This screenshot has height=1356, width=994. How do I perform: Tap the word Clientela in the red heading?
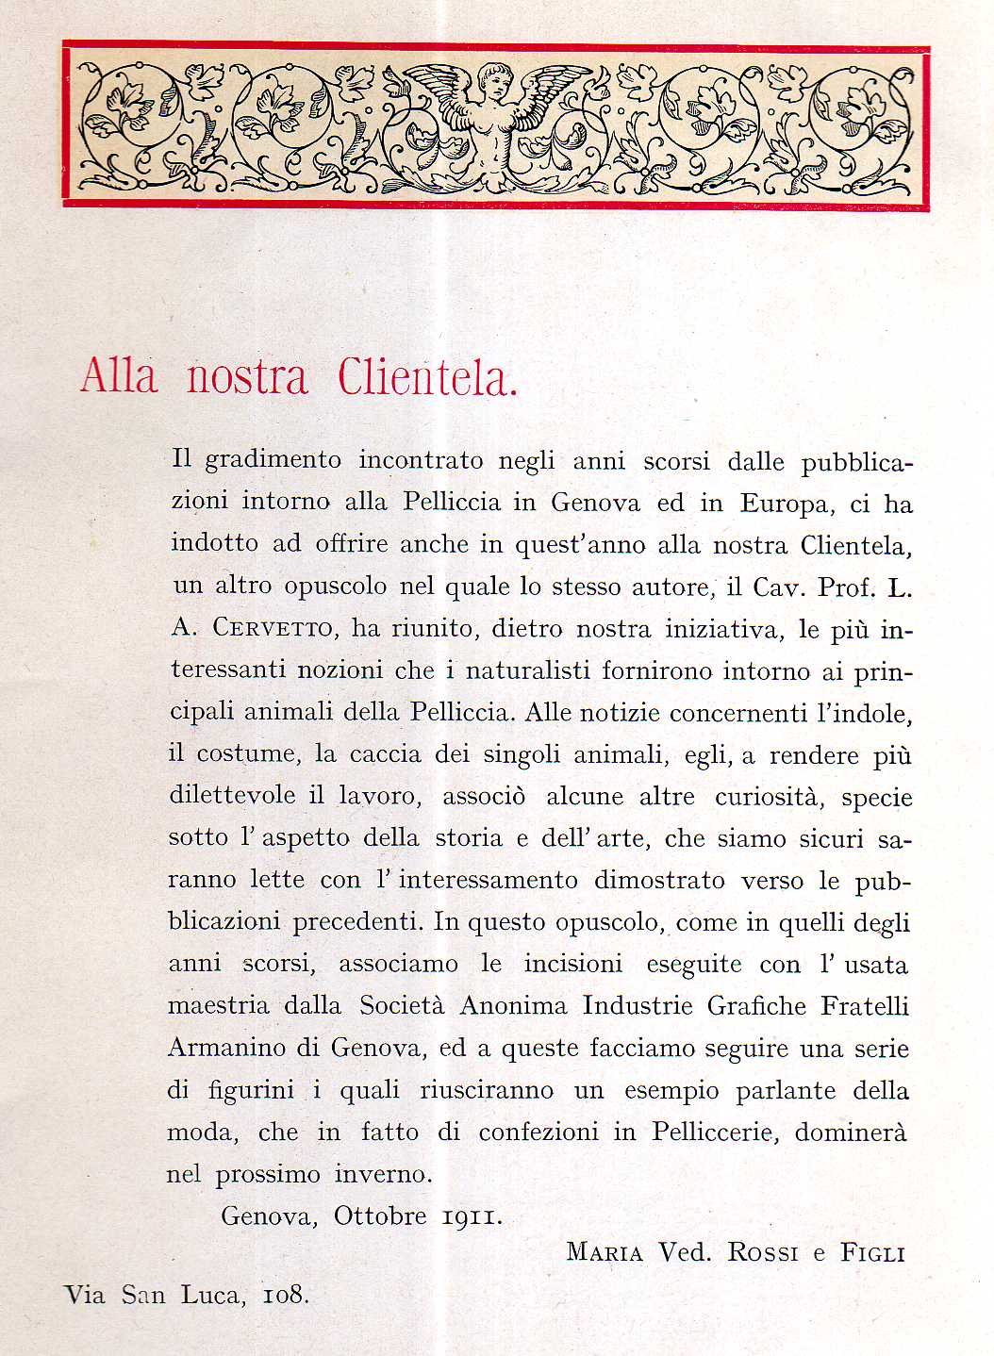click(427, 377)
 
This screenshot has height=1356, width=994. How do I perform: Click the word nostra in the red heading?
click(247, 377)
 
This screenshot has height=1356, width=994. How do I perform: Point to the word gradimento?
click(273, 461)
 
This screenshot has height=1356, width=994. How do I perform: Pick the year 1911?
click(472, 1216)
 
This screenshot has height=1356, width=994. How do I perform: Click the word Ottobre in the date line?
click(381, 1215)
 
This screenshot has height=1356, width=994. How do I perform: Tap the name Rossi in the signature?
click(762, 1252)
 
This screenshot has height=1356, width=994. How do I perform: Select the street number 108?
click(285, 1295)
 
